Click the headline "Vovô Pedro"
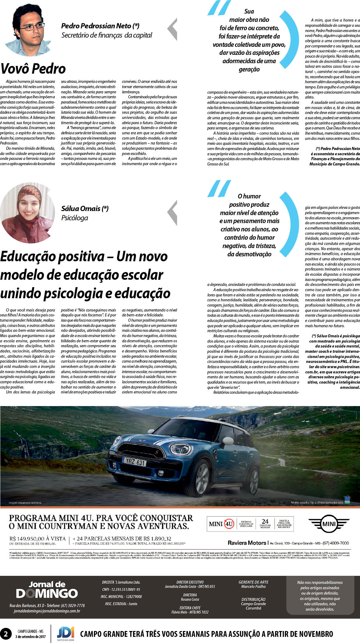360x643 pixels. tap(33, 69)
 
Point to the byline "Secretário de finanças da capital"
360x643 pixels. tap(107, 35)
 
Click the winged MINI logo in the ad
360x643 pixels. tap(328, 523)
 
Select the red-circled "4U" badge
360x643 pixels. tap(229, 523)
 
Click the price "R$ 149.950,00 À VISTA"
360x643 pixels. tap(38, 539)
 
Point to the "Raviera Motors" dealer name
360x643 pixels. tap(247, 543)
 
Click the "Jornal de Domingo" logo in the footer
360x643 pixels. tap(47, 589)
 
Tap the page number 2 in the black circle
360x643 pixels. tap(5, 634)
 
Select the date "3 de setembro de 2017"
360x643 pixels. tap(30, 637)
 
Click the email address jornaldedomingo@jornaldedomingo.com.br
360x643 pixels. tap(47, 611)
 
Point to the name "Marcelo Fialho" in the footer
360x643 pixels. tap(253, 586)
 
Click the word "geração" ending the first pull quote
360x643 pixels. tap(249, 69)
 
